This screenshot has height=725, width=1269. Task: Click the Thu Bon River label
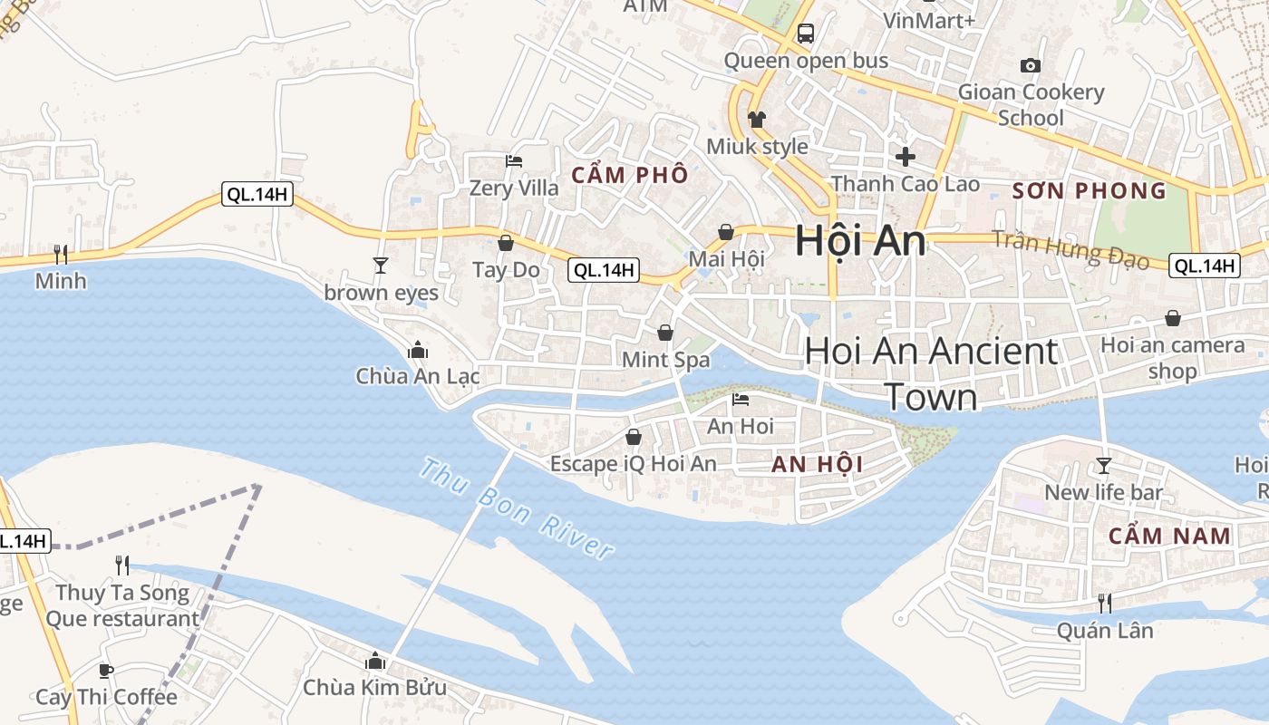[x=518, y=510]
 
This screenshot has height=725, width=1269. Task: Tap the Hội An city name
[x=860, y=242]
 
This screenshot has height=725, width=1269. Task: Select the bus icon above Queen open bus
[x=805, y=34]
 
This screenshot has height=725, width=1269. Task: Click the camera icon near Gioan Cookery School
[x=1031, y=65]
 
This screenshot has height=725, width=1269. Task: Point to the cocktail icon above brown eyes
[x=381, y=265]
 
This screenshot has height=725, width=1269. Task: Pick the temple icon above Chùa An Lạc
[x=418, y=349]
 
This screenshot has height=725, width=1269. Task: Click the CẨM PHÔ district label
[x=630, y=176]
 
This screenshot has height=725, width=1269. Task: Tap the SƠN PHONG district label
[x=1089, y=190]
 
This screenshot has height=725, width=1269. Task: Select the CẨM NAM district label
[x=1169, y=536]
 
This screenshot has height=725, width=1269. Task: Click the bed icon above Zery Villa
[x=514, y=161]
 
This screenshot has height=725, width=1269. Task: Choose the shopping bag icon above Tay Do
[x=506, y=243]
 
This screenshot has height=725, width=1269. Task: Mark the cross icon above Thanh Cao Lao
[x=905, y=157]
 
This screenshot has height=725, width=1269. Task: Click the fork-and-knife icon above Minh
[x=61, y=254]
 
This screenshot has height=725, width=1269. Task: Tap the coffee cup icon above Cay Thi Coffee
[x=106, y=671]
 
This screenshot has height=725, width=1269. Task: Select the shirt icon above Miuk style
[x=757, y=119]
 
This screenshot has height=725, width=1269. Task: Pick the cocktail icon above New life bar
[x=1103, y=466]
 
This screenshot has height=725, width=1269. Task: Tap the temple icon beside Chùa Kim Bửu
[x=374, y=661]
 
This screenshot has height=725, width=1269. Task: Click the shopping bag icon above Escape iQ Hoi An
[x=634, y=438]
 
